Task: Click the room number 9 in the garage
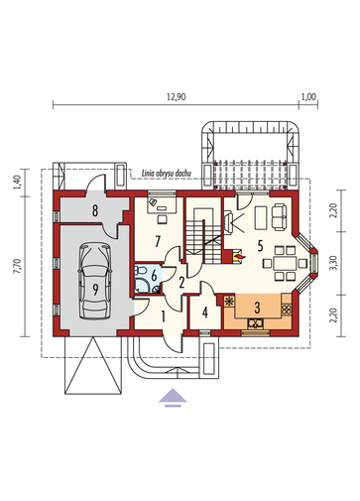[x=95, y=290]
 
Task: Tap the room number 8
[x=95, y=210]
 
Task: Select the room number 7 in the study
[x=158, y=242]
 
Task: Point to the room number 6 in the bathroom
[x=154, y=276]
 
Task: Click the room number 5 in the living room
[x=260, y=246]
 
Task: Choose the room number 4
[x=205, y=313]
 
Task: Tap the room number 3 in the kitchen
[x=257, y=308]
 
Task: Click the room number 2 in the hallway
[x=181, y=283]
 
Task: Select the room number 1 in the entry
[x=163, y=316]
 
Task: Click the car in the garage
[x=95, y=281]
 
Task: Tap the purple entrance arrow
[x=173, y=397]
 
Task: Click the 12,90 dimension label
[x=177, y=97]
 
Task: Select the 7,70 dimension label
[x=18, y=266]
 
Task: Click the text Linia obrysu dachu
[x=167, y=173]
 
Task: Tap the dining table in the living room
[x=285, y=264]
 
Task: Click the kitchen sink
[x=256, y=323]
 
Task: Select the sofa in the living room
[x=280, y=217]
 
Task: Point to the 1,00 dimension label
[x=308, y=97]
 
